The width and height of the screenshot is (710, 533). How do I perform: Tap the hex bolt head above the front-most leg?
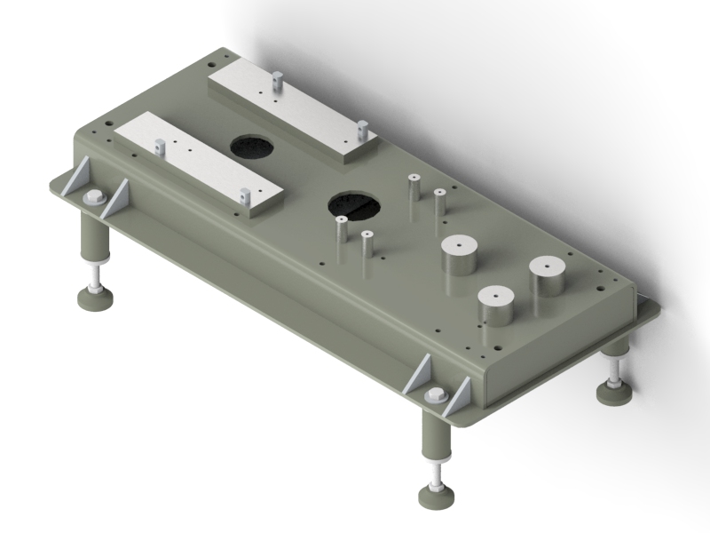click(x=435, y=396)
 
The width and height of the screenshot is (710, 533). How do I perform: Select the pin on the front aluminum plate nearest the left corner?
click(x=160, y=147)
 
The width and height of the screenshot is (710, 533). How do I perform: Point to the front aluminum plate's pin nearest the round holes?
click(x=243, y=195)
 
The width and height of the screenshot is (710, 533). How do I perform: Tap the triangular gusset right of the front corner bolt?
click(x=458, y=398)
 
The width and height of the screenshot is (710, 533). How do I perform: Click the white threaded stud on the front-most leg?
click(x=436, y=471)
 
